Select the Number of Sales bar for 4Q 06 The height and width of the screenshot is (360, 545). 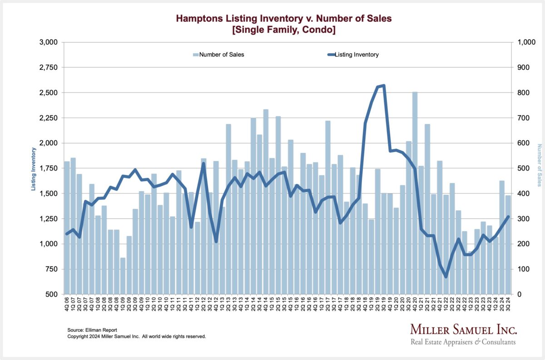pos(67,227)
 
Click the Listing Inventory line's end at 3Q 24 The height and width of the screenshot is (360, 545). pos(508,217)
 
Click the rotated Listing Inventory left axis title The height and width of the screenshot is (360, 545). pos(35,168)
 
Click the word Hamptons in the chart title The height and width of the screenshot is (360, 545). pos(197,20)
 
